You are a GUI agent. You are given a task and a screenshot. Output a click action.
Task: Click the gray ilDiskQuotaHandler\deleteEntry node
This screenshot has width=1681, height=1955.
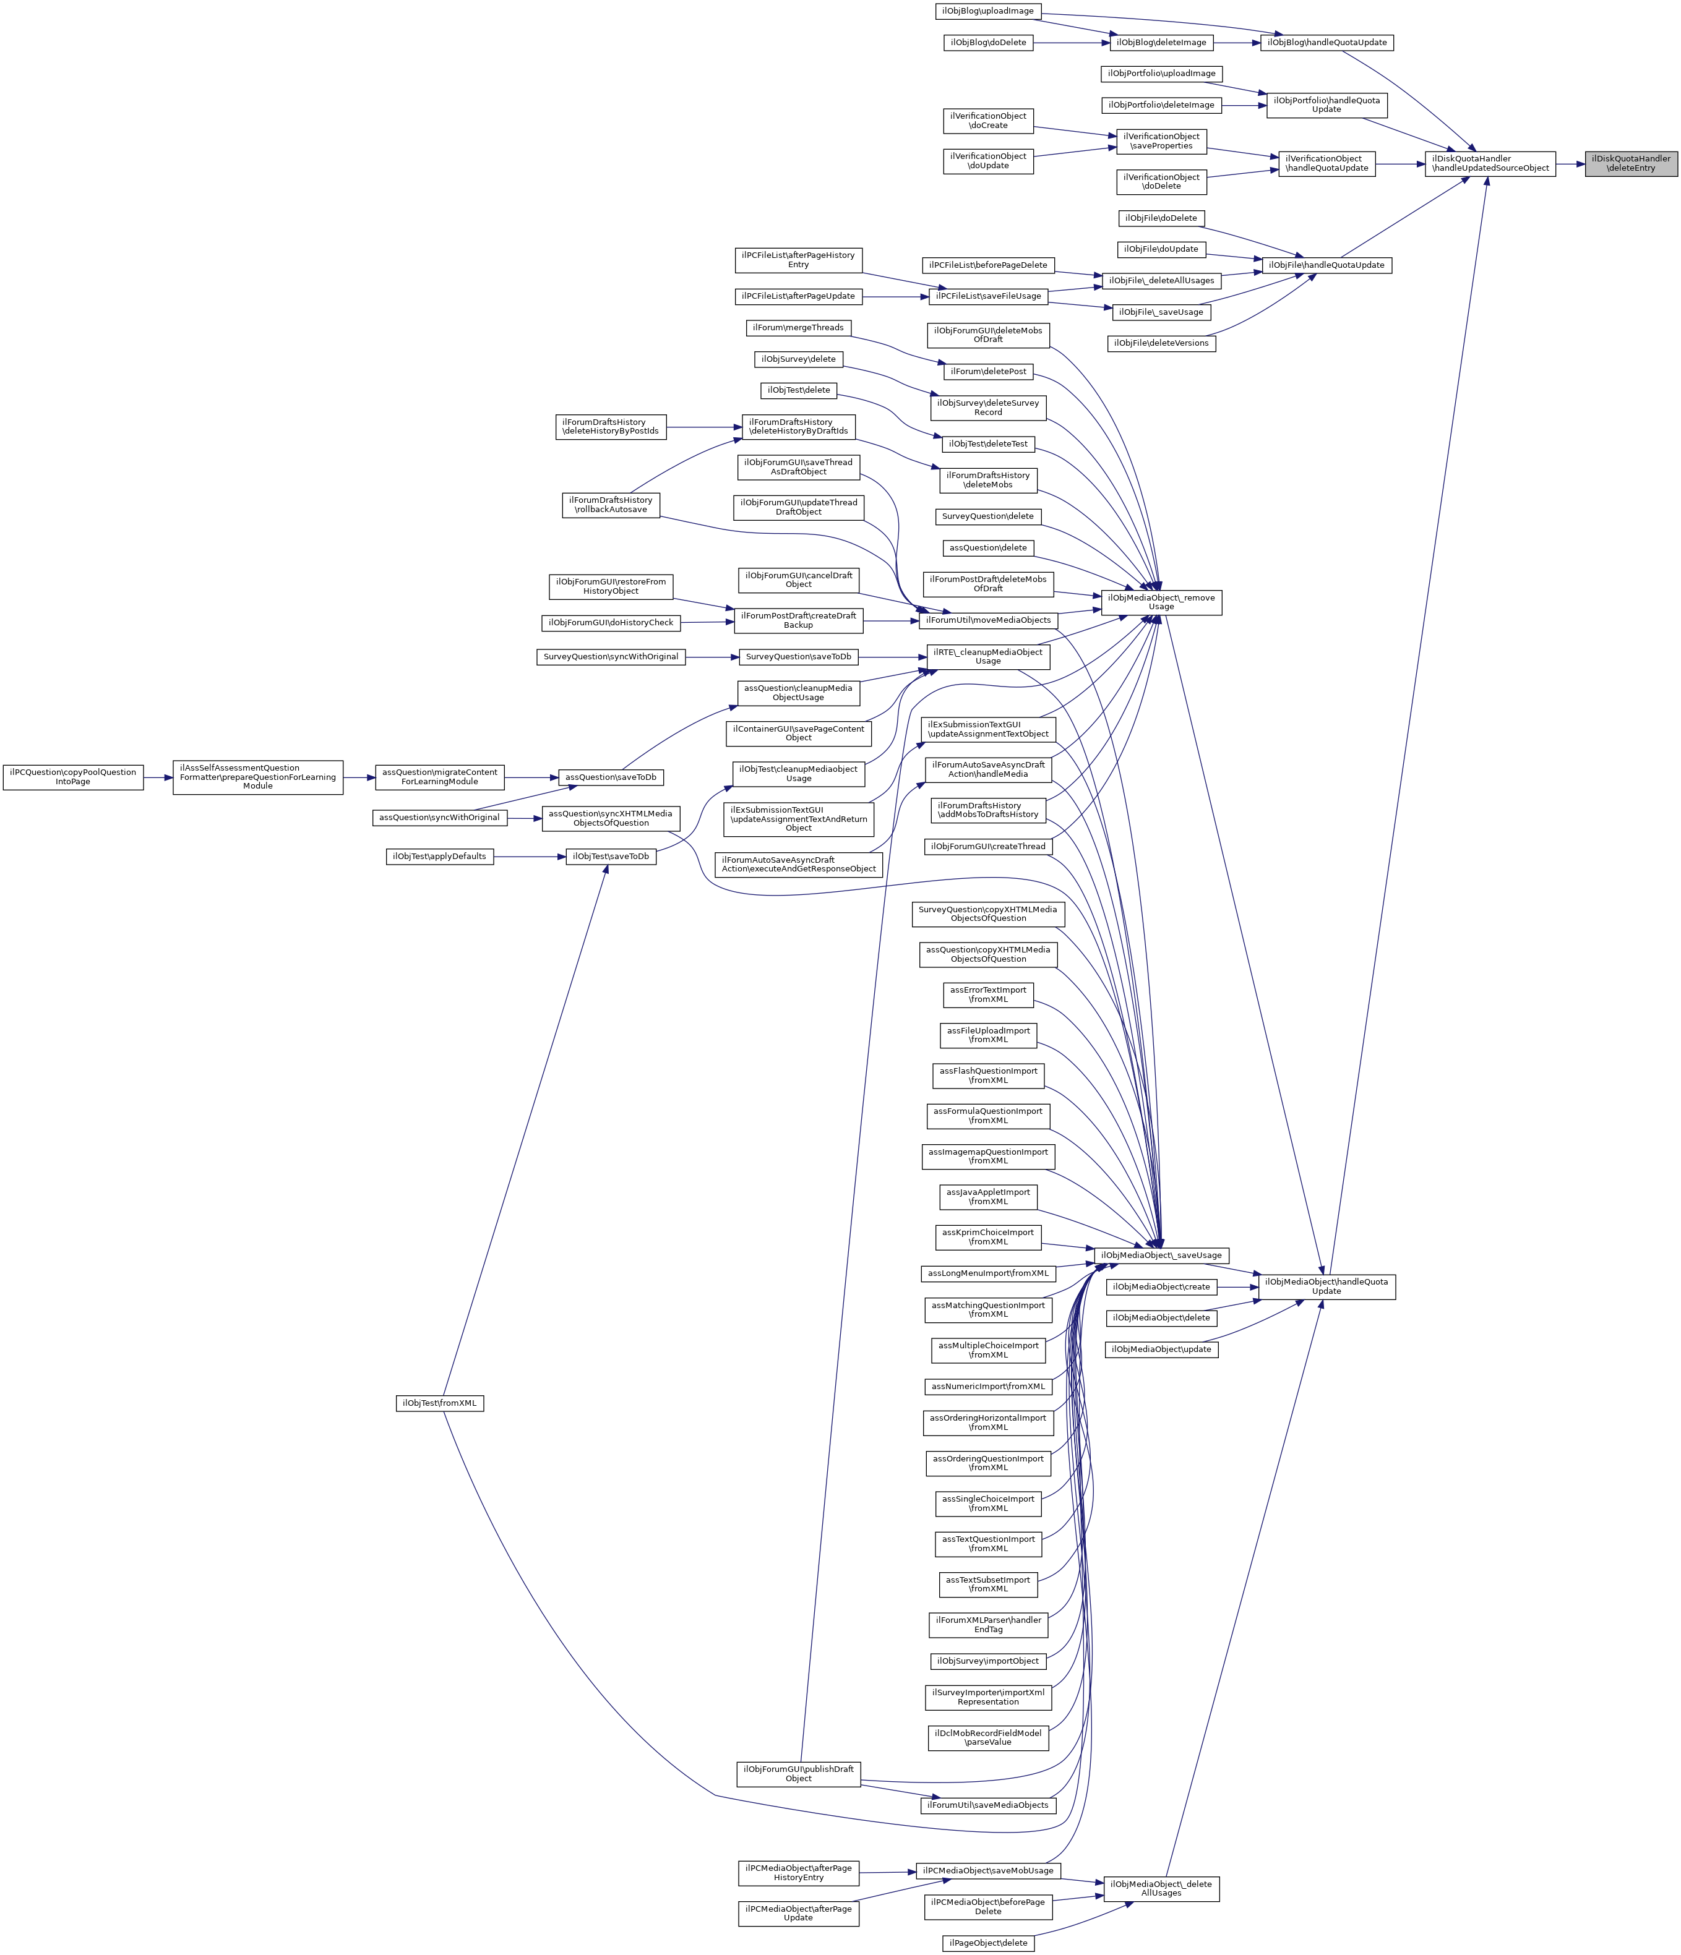click(x=1631, y=163)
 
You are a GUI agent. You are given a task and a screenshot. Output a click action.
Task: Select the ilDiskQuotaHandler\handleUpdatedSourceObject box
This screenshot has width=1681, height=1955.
click(x=1490, y=163)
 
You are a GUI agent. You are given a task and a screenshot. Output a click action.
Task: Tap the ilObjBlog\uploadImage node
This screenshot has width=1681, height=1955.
click(x=987, y=11)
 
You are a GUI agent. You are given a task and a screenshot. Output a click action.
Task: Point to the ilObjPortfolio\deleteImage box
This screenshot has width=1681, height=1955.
click(x=1161, y=105)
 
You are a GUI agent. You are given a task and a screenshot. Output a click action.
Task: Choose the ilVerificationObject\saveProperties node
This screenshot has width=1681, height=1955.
click(x=1161, y=142)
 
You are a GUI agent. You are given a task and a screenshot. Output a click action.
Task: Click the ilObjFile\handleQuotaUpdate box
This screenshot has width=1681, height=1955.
click(x=1325, y=265)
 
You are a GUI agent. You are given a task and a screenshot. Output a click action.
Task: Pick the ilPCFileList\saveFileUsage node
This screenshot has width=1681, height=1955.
click(x=988, y=296)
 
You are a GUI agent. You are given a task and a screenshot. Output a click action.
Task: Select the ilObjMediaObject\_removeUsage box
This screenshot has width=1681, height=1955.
click(x=1161, y=602)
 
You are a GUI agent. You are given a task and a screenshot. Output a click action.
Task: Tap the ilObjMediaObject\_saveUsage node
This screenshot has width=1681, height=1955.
click(x=1161, y=1255)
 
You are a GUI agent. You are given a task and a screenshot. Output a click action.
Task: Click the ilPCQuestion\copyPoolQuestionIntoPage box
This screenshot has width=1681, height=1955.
click(x=72, y=777)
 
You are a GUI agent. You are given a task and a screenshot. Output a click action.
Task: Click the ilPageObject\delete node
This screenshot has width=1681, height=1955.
click(x=988, y=1943)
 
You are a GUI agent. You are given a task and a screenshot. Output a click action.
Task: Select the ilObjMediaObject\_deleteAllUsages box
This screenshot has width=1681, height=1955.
click(x=1161, y=1888)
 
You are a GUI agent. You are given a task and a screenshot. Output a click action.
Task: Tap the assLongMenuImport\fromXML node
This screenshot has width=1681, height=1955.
click(x=988, y=1274)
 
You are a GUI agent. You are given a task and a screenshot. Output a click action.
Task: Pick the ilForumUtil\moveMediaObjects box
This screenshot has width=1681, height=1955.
click(x=988, y=620)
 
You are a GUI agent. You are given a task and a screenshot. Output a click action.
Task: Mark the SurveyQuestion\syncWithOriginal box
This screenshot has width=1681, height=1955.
click(x=611, y=657)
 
